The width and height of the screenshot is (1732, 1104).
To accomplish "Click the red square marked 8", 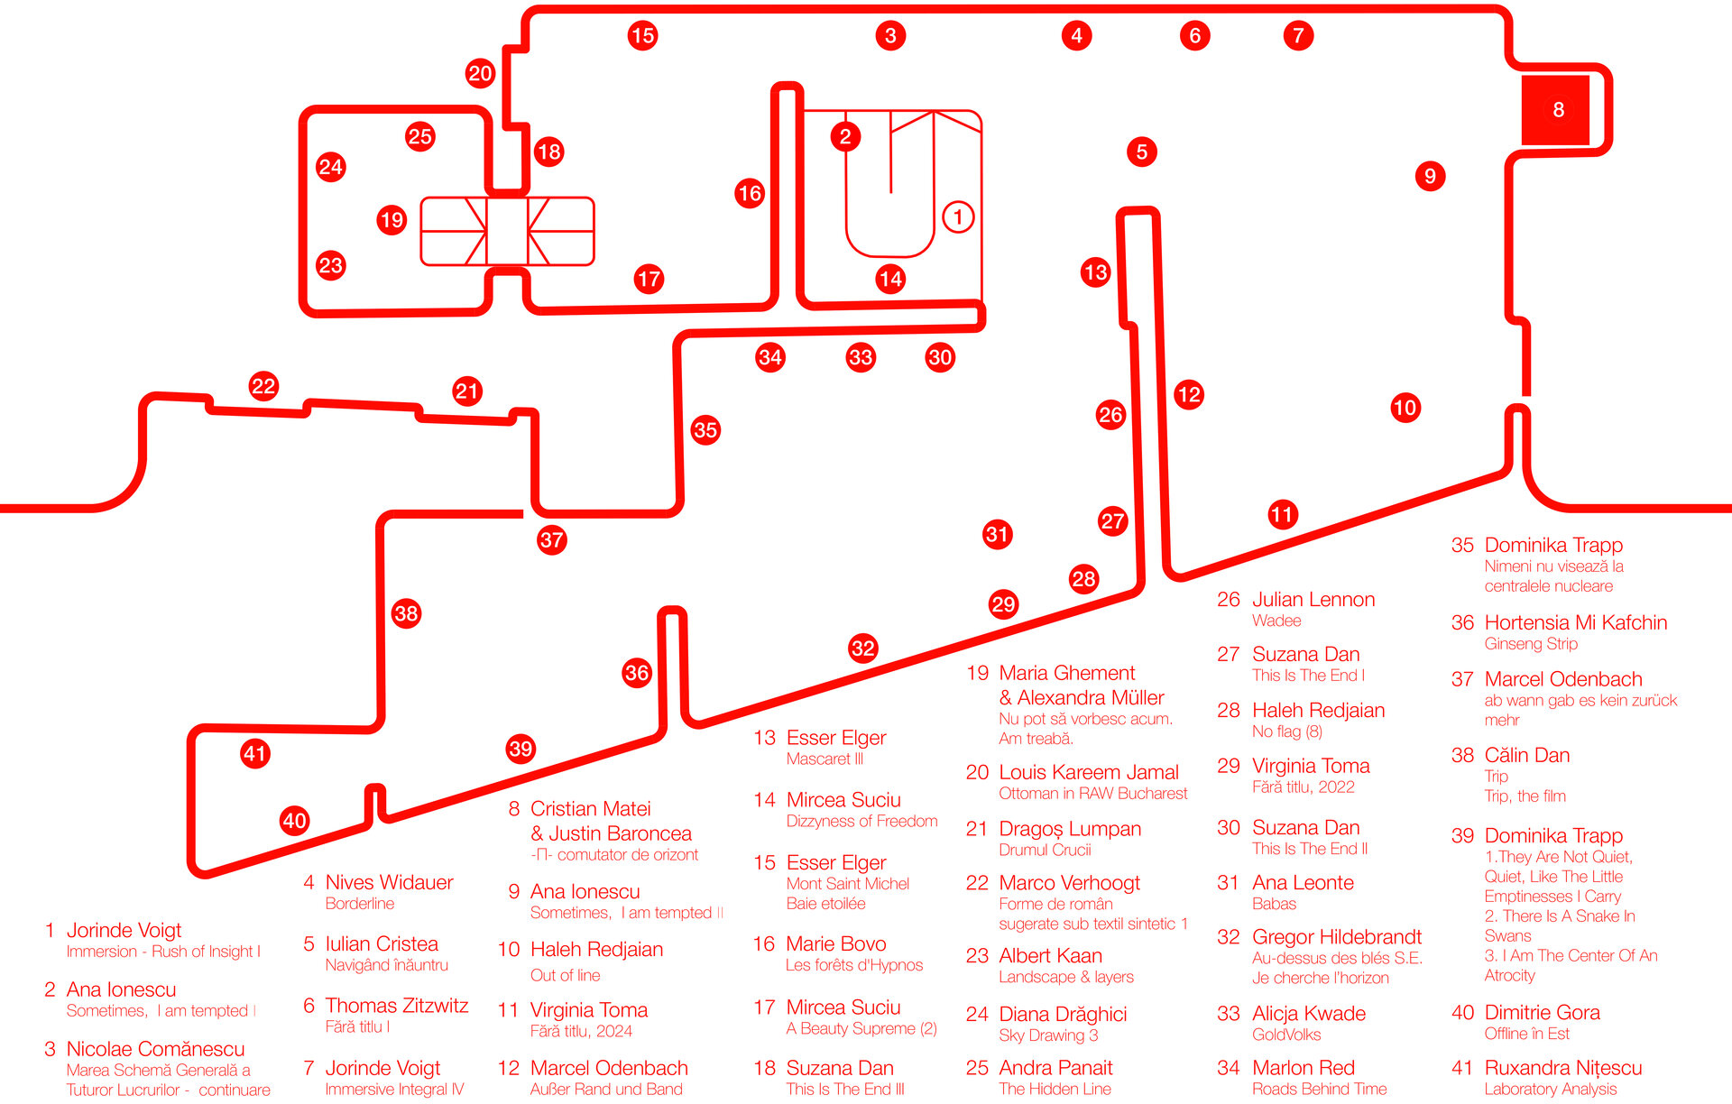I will tap(1557, 110).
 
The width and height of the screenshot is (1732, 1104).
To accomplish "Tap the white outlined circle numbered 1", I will tap(958, 216).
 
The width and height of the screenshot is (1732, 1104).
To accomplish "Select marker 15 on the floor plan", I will tap(642, 36).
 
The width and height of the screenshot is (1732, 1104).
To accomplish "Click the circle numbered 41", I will tap(255, 753).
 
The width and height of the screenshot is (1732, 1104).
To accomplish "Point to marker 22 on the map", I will tap(263, 387).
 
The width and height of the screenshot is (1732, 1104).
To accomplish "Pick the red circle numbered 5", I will tap(1142, 152).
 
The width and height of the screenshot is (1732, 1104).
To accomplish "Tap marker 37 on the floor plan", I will tap(551, 540).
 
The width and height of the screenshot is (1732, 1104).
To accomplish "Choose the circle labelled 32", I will tap(863, 648).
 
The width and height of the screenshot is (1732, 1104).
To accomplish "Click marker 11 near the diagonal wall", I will tap(1282, 514).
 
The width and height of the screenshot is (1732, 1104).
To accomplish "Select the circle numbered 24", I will tap(331, 167).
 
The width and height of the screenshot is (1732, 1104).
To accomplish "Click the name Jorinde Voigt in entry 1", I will tap(124, 930).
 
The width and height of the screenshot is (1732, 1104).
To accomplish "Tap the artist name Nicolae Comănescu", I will tap(155, 1049).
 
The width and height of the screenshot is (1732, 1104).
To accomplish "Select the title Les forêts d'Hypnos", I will tap(853, 965).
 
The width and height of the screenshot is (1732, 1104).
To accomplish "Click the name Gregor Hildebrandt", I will tap(1336, 937).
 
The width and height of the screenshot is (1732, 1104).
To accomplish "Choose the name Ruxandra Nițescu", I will tap(1562, 1068).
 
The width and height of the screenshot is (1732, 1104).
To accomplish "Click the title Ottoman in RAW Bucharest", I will tap(1092, 794).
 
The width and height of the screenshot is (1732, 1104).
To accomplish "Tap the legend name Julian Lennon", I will tap(1313, 600).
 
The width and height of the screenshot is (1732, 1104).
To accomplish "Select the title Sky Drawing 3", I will tap(1048, 1035).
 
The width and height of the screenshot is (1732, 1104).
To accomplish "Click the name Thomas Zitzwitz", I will tap(396, 1006).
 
